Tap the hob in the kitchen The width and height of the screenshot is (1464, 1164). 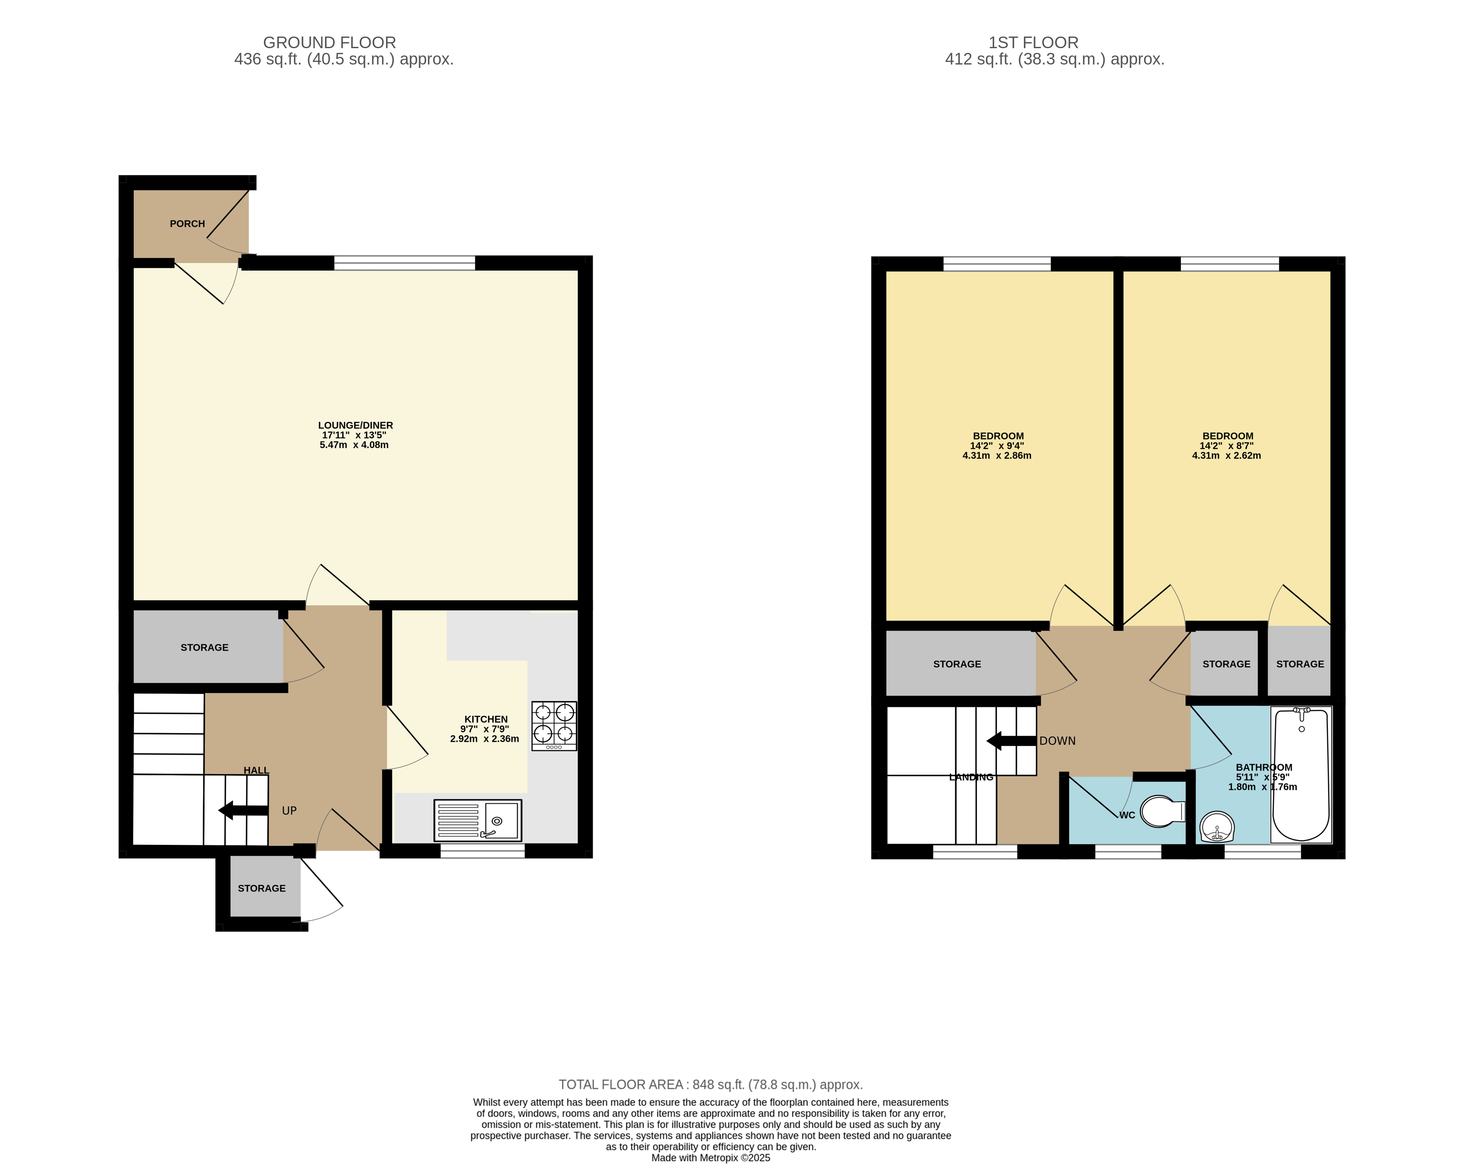click(x=554, y=725)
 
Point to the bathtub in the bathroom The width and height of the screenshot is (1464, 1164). click(x=1300, y=774)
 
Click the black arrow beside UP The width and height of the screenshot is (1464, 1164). click(x=242, y=810)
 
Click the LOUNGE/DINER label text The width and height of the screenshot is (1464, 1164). click(x=355, y=425)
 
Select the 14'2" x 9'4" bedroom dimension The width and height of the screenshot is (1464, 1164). click(x=996, y=446)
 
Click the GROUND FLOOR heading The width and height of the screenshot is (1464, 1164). click(x=329, y=42)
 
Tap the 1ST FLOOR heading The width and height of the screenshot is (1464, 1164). click(x=1033, y=42)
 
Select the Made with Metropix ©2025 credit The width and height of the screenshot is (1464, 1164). click(x=710, y=1158)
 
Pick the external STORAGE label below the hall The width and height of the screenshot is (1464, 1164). click(x=261, y=888)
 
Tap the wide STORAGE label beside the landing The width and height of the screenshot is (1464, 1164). click(x=957, y=664)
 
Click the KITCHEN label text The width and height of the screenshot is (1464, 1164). click(x=486, y=719)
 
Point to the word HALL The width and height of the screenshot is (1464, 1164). click(x=256, y=770)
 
